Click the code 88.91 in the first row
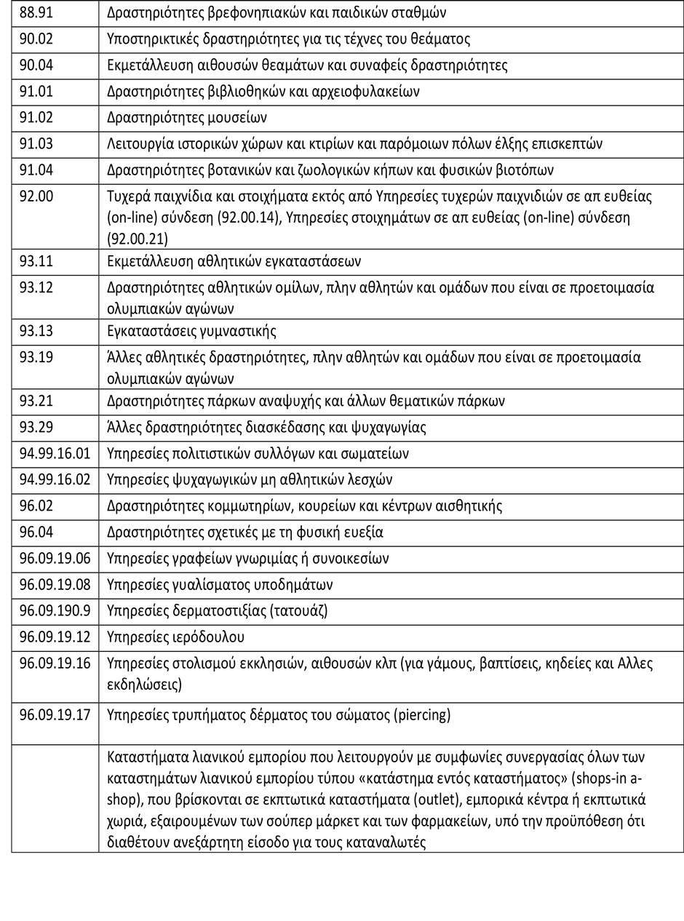pos(36,12)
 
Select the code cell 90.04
pos(36,65)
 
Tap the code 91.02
pos(36,117)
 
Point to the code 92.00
pos(36,196)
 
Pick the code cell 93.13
pos(36,331)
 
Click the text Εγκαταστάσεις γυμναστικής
pos(191,331)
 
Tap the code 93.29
pos(36,427)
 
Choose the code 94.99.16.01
pos(55,453)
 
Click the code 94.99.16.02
pos(55,479)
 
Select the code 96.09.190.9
pos(55,610)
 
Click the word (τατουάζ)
pos(299,610)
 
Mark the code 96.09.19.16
pos(55,663)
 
